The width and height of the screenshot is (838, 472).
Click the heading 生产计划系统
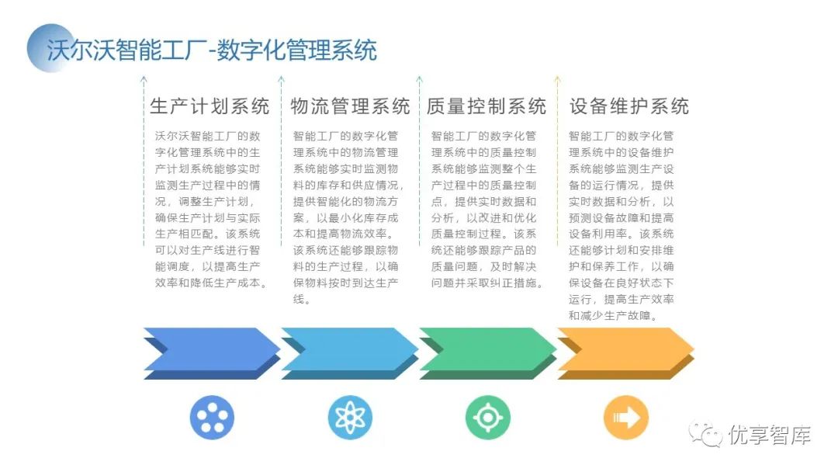pyautogui.click(x=209, y=106)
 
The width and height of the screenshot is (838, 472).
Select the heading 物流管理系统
pyautogui.click(x=350, y=106)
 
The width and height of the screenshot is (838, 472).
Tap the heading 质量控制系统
pyautogui.click(x=487, y=106)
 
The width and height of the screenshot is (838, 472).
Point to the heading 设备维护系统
pyautogui.click(x=628, y=106)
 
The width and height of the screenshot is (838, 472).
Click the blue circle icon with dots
pyautogui.click(x=212, y=418)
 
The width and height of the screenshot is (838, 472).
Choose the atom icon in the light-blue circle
pyautogui.click(x=350, y=418)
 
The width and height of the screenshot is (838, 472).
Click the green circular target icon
pyautogui.click(x=488, y=418)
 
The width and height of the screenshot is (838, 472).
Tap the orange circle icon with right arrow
pyautogui.click(x=626, y=418)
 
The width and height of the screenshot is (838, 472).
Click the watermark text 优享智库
pyautogui.click(x=770, y=436)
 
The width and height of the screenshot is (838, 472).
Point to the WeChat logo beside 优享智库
pyautogui.click(x=707, y=435)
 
